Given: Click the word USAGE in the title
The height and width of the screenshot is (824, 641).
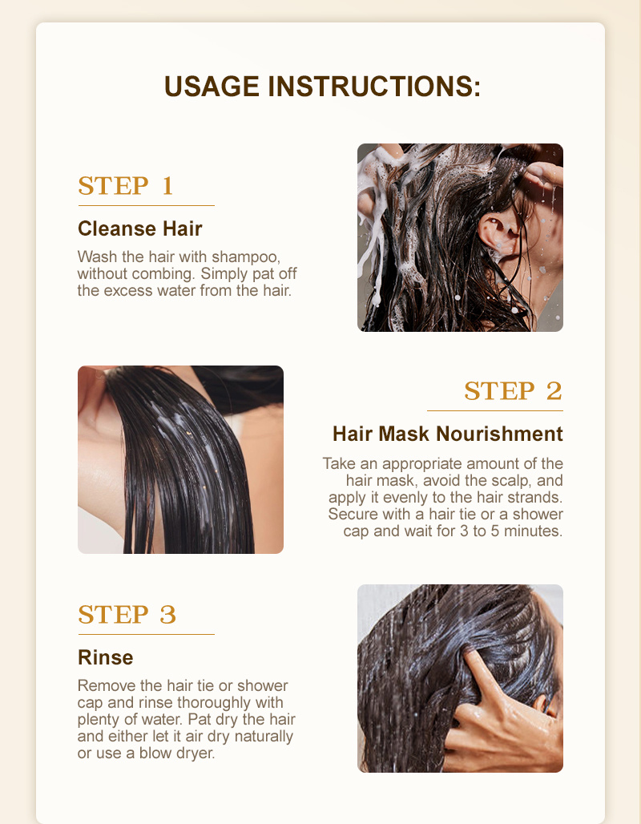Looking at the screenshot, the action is point(212,87).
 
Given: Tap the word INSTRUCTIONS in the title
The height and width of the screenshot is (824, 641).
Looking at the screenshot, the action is point(375,87).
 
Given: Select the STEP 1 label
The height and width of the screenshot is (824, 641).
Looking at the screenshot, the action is point(126,185).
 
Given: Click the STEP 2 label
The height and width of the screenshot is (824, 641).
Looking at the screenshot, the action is point(514,391).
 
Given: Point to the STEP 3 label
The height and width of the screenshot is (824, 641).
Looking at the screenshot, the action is point(127,614).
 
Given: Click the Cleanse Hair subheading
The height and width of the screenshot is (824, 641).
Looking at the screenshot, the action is point(139,228).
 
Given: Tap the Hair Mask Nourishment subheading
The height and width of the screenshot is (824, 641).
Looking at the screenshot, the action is point(448,434).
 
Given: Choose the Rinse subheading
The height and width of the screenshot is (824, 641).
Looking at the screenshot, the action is point(106,657).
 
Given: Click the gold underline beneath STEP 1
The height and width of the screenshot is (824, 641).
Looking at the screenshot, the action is point(146,205).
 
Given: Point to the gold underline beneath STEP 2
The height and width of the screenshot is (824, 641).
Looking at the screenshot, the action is point(495,410).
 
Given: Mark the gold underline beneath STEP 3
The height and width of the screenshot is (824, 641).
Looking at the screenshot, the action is point(146,634).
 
